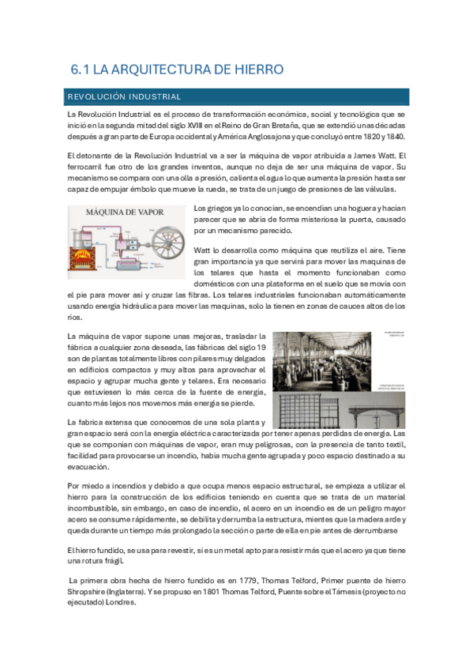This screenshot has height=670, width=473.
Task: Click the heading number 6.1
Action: pos(80,70)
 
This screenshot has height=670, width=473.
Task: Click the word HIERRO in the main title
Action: pos(254,70)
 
